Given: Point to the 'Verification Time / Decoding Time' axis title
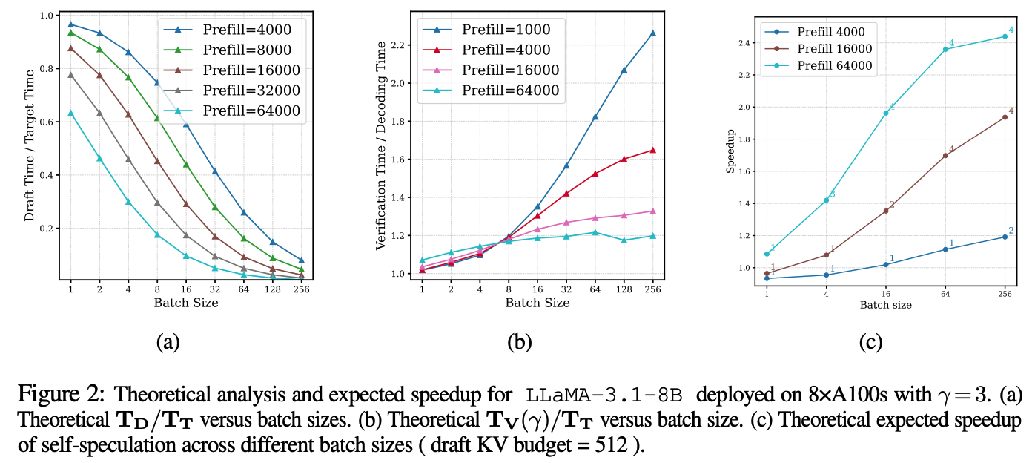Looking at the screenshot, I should pyautogui.click(x=382, y=145).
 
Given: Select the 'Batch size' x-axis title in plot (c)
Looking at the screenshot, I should pyautogui.click(x=885, y=305).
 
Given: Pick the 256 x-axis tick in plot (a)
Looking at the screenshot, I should pyautogui.click(x=301, y=289).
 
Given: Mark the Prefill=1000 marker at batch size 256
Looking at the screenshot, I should pyautogui.click(x=652, y=33).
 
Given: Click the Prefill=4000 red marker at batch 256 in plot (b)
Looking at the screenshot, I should pyautogui.click(x=652, y=150).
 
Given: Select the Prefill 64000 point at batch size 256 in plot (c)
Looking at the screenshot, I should pyautogui.click(x=1005, y=36).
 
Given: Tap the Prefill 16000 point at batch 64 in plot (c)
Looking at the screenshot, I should pyautogui.click(x=945, y=156).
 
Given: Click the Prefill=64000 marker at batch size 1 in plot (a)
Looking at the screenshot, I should pyautogui.click(x=70, y=113).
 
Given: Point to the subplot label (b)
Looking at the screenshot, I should pyautogui.click(x=517, y=343).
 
